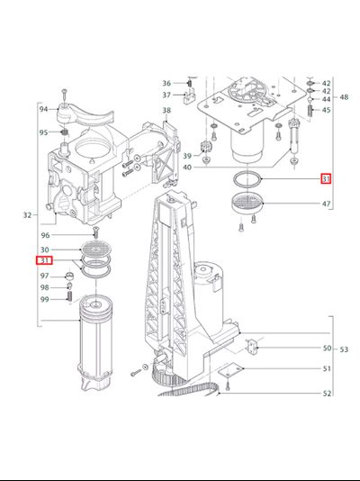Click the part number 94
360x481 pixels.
coord(43,109)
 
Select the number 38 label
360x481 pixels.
coord(166,110)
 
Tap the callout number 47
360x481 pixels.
coord(327,204)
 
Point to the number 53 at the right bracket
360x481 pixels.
coord(344,349)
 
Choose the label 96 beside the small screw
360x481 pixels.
coord(45,235)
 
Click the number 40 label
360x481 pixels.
coord(187,168)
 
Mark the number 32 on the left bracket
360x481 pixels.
coord(27,215)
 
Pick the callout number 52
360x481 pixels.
coord(328,394)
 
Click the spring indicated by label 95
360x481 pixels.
coord(64,132)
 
